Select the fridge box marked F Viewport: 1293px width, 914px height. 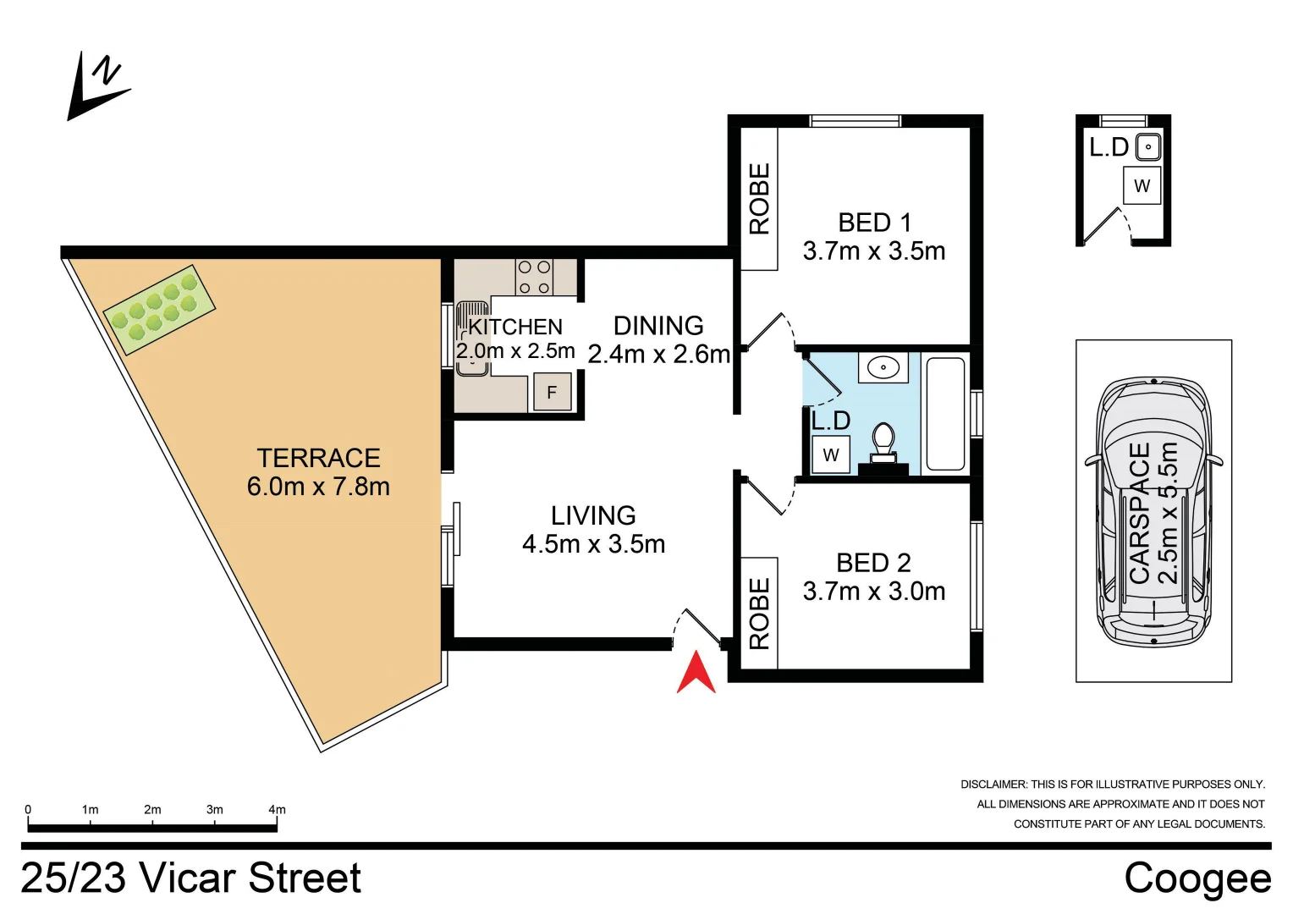(x=552, y=393)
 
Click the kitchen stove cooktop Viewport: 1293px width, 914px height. (x=534, y=277)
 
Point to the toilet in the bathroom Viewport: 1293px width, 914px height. (x=883, y=443)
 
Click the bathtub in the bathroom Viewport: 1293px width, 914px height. (x=945, y=414)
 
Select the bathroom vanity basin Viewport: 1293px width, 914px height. (x=883, y=368)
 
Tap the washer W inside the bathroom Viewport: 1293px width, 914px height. (x=831, y=455)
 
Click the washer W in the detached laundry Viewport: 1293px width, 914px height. (x=1142, y=186)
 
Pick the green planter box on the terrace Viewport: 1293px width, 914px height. (x=159, y=310)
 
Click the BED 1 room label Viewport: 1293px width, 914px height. (x=874, y=223)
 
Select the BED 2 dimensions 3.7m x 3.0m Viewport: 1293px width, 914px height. (x=874, y=592)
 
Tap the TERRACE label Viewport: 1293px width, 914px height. (x=318, y=458)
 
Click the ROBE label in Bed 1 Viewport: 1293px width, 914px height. (x=759, y=199)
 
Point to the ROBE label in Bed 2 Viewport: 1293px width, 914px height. (x=759, y=614)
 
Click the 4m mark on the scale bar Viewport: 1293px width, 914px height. (x=277, y=810)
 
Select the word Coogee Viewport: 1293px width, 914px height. (x=1197, y=878)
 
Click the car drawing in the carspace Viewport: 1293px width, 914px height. (x=1153, y=511)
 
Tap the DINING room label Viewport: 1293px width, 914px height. (x=658, y=326)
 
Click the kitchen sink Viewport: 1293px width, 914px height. (x=472, y=339)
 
